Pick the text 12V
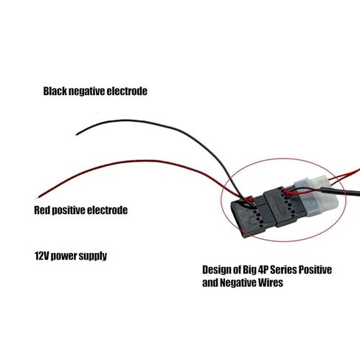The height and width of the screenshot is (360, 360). pos(41,256)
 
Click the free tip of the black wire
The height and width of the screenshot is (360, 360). pos(76,134)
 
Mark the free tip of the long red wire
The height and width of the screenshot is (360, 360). pos(37,198)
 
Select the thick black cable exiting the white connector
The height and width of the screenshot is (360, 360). pos(341,191)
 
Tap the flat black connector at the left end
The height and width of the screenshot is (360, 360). pos(249,217)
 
